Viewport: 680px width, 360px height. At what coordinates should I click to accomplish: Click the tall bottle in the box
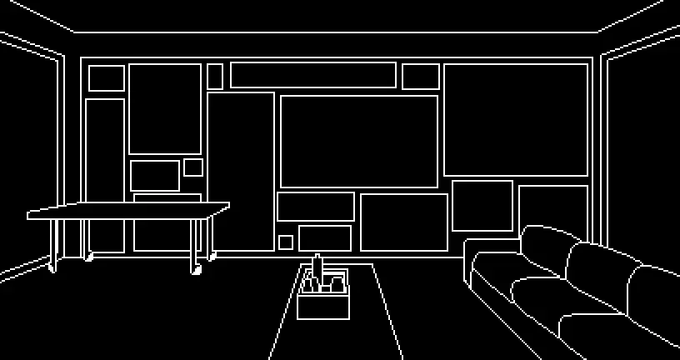point(317,272)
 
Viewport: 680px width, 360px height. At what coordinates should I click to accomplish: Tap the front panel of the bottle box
point(322,307)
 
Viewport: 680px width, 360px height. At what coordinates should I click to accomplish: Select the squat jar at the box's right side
point(337,285)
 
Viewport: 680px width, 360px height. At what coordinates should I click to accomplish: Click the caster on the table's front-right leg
point(197,270)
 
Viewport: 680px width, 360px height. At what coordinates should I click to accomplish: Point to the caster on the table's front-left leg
point(52,267)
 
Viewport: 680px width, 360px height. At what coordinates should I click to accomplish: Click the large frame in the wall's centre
point(358,141)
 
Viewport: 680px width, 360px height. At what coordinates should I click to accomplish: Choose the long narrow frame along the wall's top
point(312,75)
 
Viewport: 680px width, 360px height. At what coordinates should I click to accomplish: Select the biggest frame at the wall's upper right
point(516,119)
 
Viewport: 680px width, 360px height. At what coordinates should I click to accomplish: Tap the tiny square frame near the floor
point(286,242)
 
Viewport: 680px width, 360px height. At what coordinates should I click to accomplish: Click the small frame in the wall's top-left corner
point(106,78)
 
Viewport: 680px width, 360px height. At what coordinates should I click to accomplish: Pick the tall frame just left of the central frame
point(241,171)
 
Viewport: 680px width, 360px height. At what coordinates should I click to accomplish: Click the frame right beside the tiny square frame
point(325,237)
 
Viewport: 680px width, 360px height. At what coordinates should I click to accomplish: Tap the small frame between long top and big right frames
point(420,77)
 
